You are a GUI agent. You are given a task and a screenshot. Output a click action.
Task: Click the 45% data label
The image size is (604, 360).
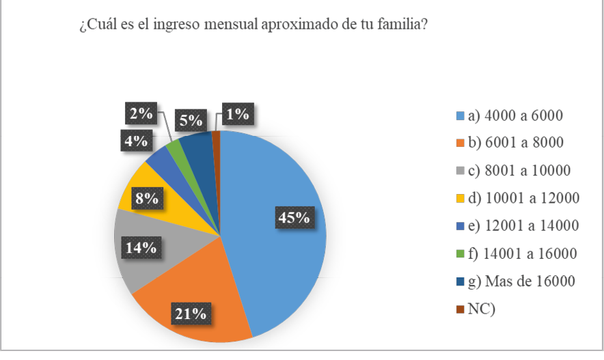click(x=294, y=218)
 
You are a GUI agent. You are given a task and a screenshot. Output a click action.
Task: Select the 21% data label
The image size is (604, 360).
click(x=189, y=314)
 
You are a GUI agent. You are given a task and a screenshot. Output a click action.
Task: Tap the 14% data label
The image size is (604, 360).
click(x=141, y=247)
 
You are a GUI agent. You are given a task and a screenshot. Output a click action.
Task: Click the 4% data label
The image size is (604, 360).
click(x=137, y=141)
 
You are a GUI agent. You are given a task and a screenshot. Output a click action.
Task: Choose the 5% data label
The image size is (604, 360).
click(x=191, y=121)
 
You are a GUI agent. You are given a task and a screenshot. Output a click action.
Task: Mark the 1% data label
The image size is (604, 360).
click(x=237, y=114)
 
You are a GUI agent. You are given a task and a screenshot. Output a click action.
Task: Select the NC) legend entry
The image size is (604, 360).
click(x=481, y=309)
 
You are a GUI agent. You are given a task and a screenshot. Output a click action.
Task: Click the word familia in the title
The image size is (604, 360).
click(x=400, y=26)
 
